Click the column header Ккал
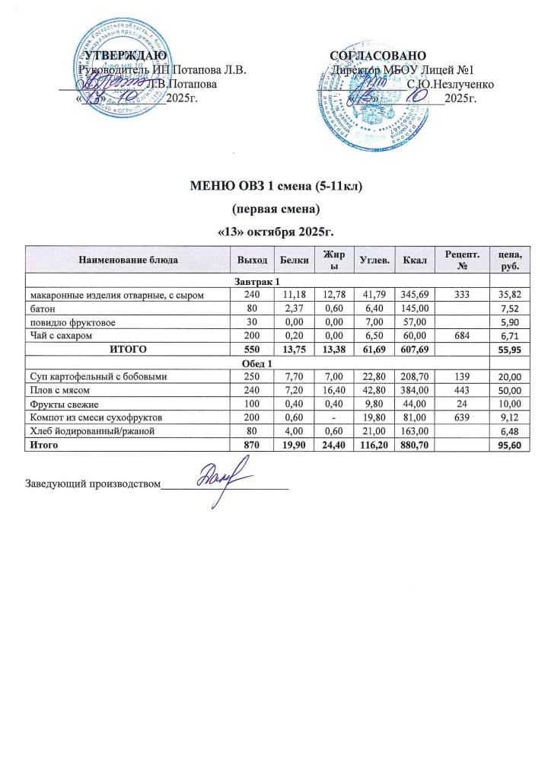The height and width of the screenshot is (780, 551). (416, 260)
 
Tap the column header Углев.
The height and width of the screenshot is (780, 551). (374, 260)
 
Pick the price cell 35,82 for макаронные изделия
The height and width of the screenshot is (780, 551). (508, 295)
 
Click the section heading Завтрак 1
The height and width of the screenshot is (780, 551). (256, 281)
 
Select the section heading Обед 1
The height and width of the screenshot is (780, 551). (256, 363)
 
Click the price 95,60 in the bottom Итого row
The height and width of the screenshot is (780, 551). (508, 445)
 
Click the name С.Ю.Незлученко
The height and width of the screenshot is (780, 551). (451, 83)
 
